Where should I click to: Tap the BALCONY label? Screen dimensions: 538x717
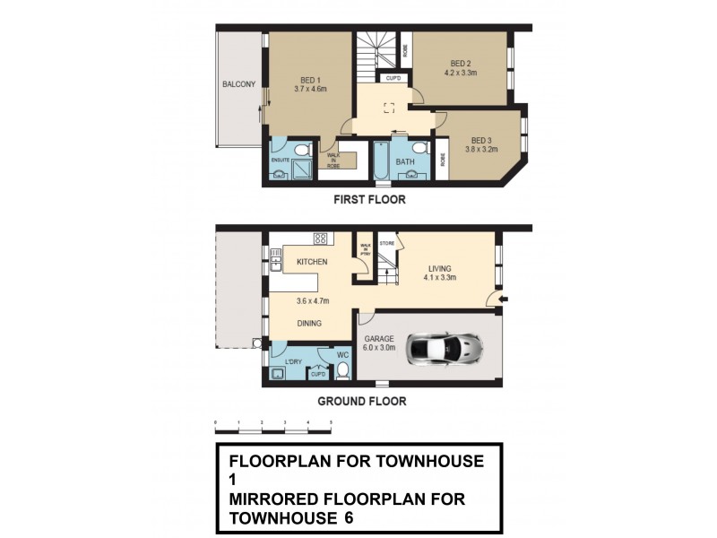[239, 85]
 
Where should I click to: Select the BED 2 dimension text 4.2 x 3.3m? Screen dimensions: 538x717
[461, 74]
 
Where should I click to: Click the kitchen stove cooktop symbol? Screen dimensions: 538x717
[320, 239]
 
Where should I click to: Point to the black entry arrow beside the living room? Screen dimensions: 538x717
[504, 299]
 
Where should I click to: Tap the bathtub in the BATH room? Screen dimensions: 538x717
[380, 161]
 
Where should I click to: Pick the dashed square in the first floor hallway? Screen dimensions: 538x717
[389, 108]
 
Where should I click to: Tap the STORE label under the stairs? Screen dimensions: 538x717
[387, 242]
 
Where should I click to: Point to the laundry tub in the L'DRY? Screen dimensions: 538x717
[277, 373]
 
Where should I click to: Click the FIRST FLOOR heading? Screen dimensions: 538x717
[368, 200]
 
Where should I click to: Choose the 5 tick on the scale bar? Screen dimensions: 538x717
[332, 421]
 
